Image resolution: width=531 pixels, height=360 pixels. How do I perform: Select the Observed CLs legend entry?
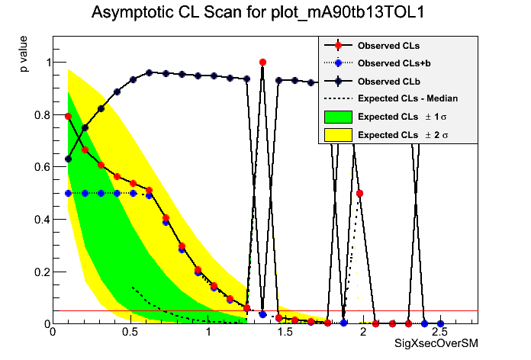[x=388, y=46]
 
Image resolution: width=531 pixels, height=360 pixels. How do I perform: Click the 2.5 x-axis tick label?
[x=439, y=333]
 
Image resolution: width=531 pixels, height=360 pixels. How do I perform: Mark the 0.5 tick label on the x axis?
[x=130, y=333]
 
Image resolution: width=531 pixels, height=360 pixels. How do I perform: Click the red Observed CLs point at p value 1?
[x=262, y=62]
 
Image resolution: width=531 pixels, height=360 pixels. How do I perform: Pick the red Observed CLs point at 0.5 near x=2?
[x=359, y=193]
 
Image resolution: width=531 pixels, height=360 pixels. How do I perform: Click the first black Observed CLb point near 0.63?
[x=69, y=159]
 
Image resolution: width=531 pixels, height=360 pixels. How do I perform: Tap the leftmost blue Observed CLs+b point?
[x=69, y=193]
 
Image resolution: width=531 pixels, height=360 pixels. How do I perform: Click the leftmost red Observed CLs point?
[x=69, y=116]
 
